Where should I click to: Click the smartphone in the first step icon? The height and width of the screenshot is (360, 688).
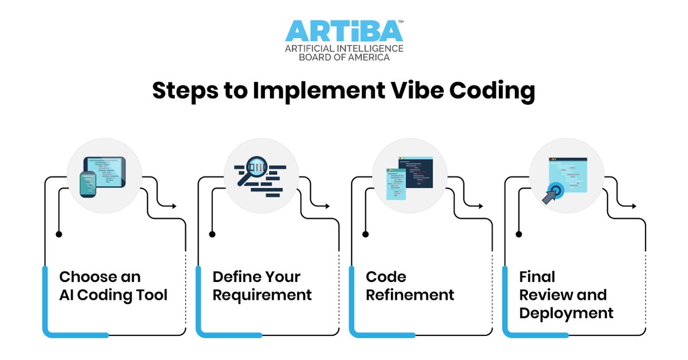[88, 183]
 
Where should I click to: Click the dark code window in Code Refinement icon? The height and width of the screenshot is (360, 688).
[417, 173]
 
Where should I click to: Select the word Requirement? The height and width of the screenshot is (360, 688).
[262, 295]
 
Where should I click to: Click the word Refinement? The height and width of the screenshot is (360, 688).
[410, 295]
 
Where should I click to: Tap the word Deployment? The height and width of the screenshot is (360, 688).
[566, 314]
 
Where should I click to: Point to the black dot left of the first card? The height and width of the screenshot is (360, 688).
[58, 234]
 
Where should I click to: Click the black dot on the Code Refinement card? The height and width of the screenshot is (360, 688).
[365, 234]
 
